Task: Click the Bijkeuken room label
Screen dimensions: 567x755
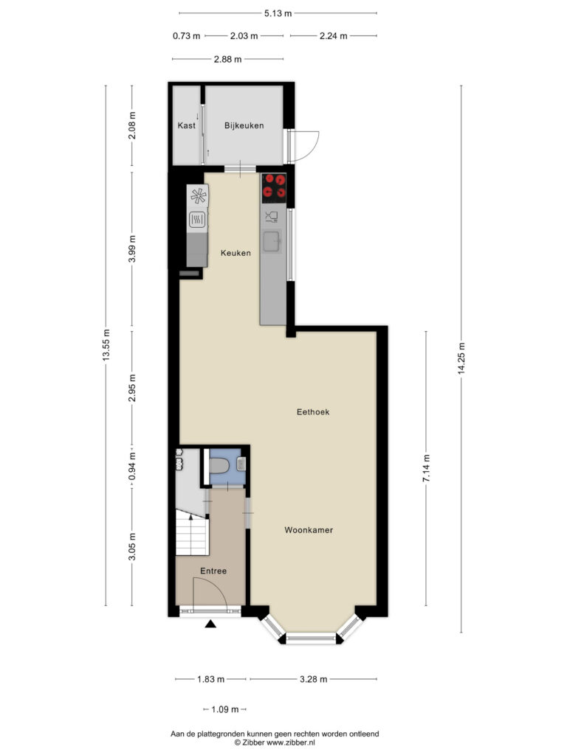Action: click(244, 125)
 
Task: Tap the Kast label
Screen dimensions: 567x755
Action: click(187, 125)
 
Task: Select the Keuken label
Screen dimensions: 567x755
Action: click(236, 253)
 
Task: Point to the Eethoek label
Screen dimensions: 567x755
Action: click(313, 411)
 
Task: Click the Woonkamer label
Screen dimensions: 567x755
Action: click(309, 530)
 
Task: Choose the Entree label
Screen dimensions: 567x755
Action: click(213, 571)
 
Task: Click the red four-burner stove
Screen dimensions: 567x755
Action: click(274, 188)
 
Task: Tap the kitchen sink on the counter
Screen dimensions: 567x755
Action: click(272, 241)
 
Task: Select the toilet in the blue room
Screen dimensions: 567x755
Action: click(220, 466)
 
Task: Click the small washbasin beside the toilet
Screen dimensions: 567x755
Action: click(241, 465)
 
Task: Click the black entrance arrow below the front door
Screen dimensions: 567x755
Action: click(210, 624)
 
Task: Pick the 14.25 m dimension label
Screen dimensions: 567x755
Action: click(461, 358)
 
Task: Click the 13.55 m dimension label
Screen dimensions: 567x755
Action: click(106, 345)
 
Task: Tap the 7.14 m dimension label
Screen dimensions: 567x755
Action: click(426, 468)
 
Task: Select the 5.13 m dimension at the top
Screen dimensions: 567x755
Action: click(278, 13)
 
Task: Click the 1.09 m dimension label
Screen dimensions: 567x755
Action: click(225, 709)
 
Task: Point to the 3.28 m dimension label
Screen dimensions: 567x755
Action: click(313, 679)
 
